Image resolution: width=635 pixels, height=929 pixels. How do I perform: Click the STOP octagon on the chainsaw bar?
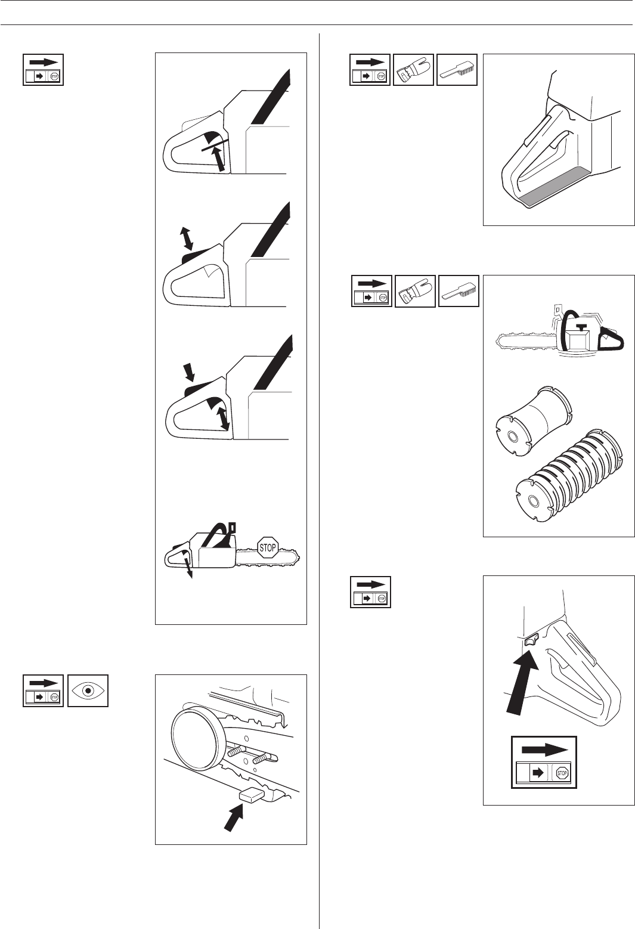tap(268, 547)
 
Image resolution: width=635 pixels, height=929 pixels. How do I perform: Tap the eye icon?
tap(88, 690)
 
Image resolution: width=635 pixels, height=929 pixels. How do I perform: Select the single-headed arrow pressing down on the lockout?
tap(190, 373)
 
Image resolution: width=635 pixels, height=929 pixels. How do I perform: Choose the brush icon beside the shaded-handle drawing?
tap(457, 70)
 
